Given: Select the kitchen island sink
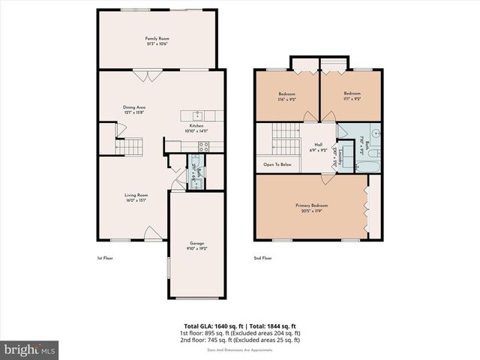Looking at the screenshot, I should pos(196,115).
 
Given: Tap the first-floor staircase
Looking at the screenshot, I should pos(132,146).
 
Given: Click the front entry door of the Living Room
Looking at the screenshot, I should pos(149,233).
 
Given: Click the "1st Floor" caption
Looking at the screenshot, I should pos(104,259).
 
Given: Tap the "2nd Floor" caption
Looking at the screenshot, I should pos(262,259).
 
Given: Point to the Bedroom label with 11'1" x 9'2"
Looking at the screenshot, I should pos(351,94).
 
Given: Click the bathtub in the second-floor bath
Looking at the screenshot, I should pos(354,163).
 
